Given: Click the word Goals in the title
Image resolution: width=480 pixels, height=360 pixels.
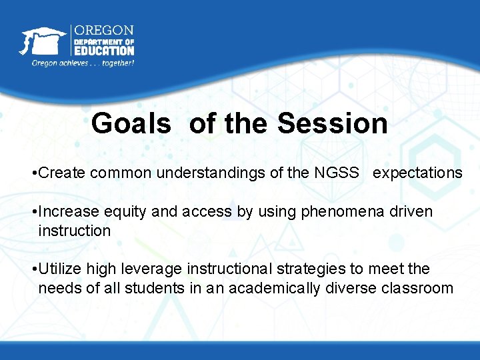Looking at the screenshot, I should tap(131, 124).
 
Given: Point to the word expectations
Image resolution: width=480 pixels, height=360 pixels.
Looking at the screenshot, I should tap(417, 173).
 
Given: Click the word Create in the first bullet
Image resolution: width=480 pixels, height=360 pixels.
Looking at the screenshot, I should tap(63, 173).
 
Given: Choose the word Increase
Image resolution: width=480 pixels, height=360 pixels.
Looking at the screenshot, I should tap(69, 212).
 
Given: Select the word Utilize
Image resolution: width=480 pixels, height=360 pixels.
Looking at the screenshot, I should tap(59, 269).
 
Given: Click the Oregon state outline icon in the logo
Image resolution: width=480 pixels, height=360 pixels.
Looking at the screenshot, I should tap(42, 41).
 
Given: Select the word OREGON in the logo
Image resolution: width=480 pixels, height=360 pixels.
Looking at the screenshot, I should tap(103, 31).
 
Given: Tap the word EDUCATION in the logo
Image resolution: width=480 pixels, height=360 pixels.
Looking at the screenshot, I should tap(103, 50).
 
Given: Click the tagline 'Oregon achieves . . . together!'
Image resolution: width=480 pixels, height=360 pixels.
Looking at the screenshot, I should tap(83, 63).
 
